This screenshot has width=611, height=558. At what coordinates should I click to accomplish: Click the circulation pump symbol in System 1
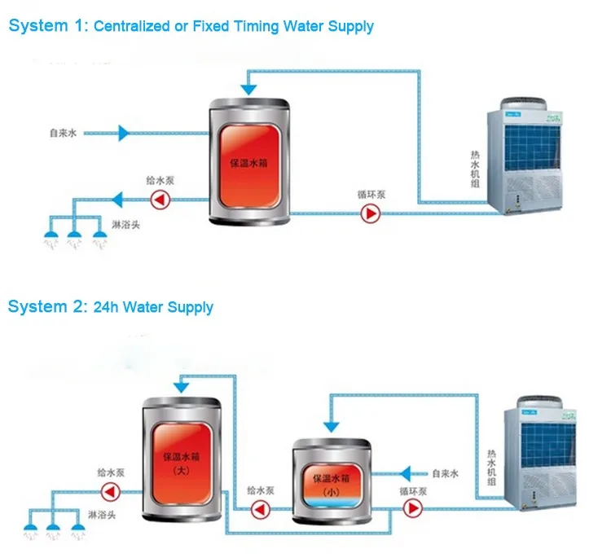pyautogui.click(x=371, y=214)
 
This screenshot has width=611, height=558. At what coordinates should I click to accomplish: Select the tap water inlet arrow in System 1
pyautogui.click(x=123, y=132)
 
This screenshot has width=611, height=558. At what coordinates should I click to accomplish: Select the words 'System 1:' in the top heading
pyautogui.click(x=47, y=25)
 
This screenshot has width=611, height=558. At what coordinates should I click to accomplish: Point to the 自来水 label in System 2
pyautogui.click(x=446, y=472)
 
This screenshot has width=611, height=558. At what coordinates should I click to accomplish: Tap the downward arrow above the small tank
pyautogui.click(x=331, y=423)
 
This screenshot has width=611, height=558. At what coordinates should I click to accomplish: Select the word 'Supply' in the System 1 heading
pyautogui.click(x=350, y=26)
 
